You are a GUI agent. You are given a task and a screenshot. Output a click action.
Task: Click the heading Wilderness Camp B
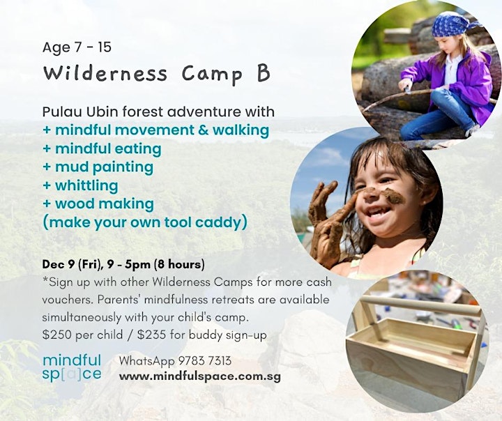(x=157, y=74)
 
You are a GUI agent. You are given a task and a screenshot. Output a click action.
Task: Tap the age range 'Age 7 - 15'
(x=77, y=47)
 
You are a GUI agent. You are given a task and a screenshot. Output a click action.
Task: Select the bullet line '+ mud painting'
(x=98, y=167)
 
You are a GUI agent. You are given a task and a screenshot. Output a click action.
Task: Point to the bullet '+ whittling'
(x=80, y=185)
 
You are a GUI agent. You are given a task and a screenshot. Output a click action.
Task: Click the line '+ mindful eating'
(x=102, y=149)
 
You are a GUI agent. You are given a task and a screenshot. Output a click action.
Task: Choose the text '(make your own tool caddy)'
(x=145, y=222)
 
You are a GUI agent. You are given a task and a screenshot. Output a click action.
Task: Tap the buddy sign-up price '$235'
(x=152, y=335)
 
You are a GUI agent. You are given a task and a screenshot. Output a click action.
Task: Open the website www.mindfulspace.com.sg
(x=200, y=376)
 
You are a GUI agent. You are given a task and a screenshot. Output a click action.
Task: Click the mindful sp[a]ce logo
(x=72, y=367)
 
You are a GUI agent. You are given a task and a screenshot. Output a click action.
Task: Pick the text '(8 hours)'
(x=179, y=264)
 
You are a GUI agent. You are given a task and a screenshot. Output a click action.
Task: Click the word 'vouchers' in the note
(x=68, y=300)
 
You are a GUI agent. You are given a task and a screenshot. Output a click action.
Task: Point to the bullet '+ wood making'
(x=98, y=204)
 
